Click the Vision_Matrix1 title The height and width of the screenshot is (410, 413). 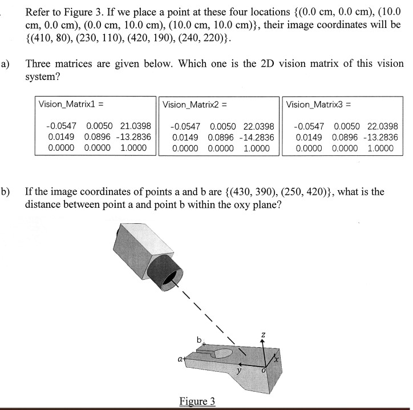70,104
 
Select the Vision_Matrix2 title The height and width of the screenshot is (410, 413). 195,104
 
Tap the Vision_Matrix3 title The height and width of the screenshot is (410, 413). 319,104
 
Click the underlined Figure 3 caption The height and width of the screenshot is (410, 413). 197,401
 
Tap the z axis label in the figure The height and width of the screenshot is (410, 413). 262,333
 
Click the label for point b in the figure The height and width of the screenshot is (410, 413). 199,340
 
